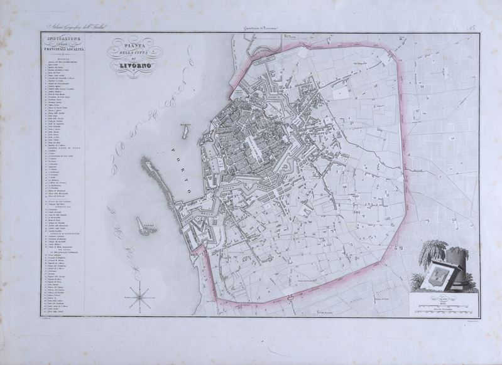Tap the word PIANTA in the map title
133,45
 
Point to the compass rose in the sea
140,296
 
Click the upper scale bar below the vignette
448,304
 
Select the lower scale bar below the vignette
448,309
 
